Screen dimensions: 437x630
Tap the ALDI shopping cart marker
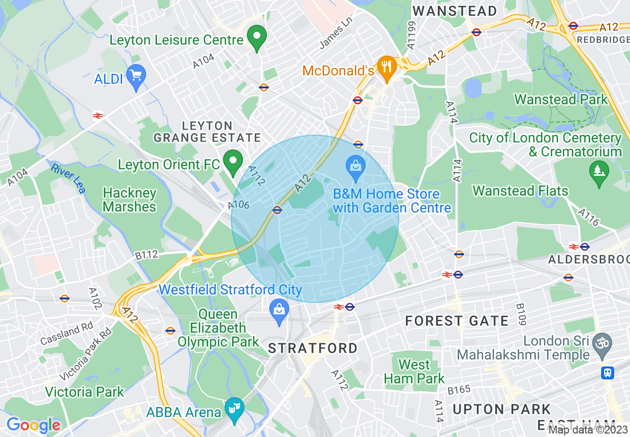[136, 76]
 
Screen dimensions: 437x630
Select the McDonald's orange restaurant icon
[386, 66]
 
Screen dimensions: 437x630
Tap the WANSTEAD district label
[455, 11]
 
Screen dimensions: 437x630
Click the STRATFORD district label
[313, 348]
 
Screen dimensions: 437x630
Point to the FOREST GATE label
[457, 321]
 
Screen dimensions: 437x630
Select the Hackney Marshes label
[130, 200]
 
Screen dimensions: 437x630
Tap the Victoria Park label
[84, 392]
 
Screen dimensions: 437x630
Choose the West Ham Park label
[414, 371]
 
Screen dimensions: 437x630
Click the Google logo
[33, 425]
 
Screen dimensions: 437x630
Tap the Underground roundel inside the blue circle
[277, 210]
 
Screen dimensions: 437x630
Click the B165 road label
[459, 390]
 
